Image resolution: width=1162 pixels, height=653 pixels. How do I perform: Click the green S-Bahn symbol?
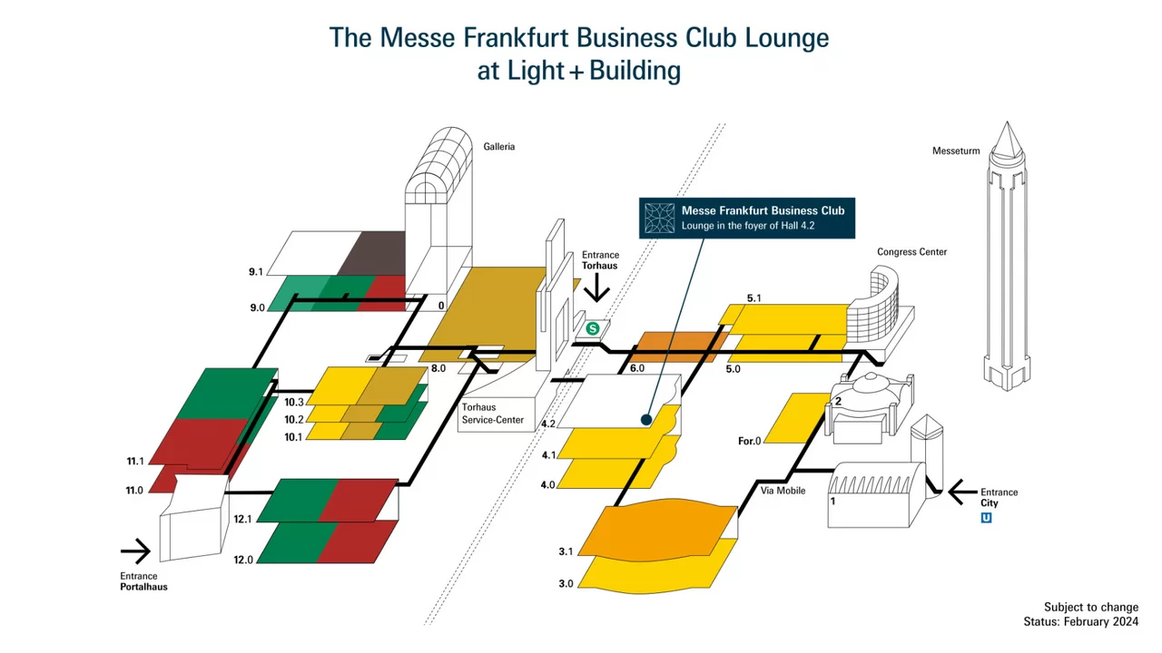pos(593,328)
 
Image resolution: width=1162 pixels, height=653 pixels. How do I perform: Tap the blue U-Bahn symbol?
pos(986,518)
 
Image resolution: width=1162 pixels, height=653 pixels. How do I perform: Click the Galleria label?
pos(498,146)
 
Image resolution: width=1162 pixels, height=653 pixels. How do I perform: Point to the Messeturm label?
pos(956,151)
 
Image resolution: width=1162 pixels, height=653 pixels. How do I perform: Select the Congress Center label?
pos(911,252)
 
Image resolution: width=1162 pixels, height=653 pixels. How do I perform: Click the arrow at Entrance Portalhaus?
pos(136,551)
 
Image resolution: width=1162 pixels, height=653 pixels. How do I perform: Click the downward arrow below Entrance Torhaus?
pos(597,289)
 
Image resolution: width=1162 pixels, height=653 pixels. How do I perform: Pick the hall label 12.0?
pos(243,560)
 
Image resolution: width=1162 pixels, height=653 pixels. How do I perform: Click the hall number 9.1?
pos(255,271)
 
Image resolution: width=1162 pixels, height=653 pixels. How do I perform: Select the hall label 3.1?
pos(566,551)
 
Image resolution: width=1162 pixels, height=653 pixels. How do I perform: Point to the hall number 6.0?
pos(636,368)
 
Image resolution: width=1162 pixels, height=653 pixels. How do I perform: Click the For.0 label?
pos(749,441)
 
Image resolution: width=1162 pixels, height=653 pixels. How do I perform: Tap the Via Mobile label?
pos(783,491)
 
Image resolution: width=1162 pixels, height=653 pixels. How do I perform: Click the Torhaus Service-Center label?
pos(492,414)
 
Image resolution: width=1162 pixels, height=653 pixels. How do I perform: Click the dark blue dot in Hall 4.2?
pos(645,420)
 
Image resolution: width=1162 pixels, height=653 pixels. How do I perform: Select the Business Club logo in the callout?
pos(660,219)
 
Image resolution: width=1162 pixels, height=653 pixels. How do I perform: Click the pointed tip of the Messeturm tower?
pos(1005,124)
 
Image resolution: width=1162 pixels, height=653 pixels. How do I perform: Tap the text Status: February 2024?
pos(1080,622)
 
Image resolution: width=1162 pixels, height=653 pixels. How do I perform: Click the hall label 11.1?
pos(135,462)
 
